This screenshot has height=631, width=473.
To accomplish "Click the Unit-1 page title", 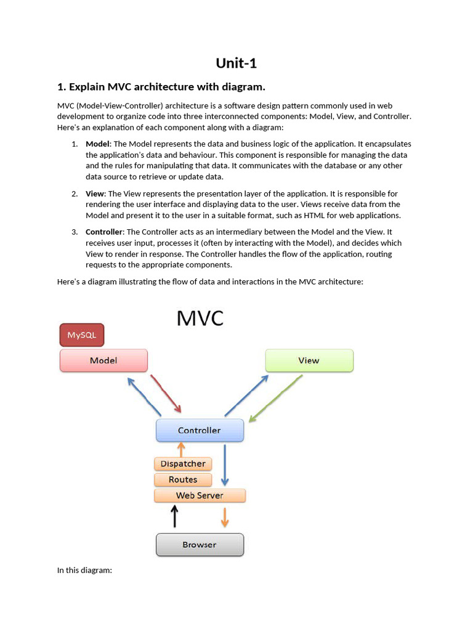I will coord(236,63).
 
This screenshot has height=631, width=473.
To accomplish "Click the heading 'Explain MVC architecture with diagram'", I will coord(161,86).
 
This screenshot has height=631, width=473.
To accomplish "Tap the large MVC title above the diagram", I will coord(200,318).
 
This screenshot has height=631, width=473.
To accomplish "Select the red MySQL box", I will coord(82,335).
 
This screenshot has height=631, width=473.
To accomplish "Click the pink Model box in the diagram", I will coord(103,360).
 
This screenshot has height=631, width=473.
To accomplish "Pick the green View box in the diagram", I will coord(309,360).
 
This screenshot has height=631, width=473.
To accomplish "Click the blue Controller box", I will coord(200,430).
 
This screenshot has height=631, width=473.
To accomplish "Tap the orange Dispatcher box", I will coord(183,463).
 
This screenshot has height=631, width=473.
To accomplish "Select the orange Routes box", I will coord(183,479).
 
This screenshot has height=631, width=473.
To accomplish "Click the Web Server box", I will coord(200,495).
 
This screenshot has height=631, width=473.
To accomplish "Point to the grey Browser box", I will coord(200,545).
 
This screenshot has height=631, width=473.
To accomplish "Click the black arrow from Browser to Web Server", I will coord(175,516).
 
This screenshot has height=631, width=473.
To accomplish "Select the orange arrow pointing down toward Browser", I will coord(225,517).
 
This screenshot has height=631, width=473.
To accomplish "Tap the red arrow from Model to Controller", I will coord(166,393).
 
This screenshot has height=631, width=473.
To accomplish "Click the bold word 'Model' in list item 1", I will coord(97,144).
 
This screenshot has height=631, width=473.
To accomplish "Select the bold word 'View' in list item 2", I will coord(95,193).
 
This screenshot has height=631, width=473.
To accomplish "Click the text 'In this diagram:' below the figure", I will coord(84,570).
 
